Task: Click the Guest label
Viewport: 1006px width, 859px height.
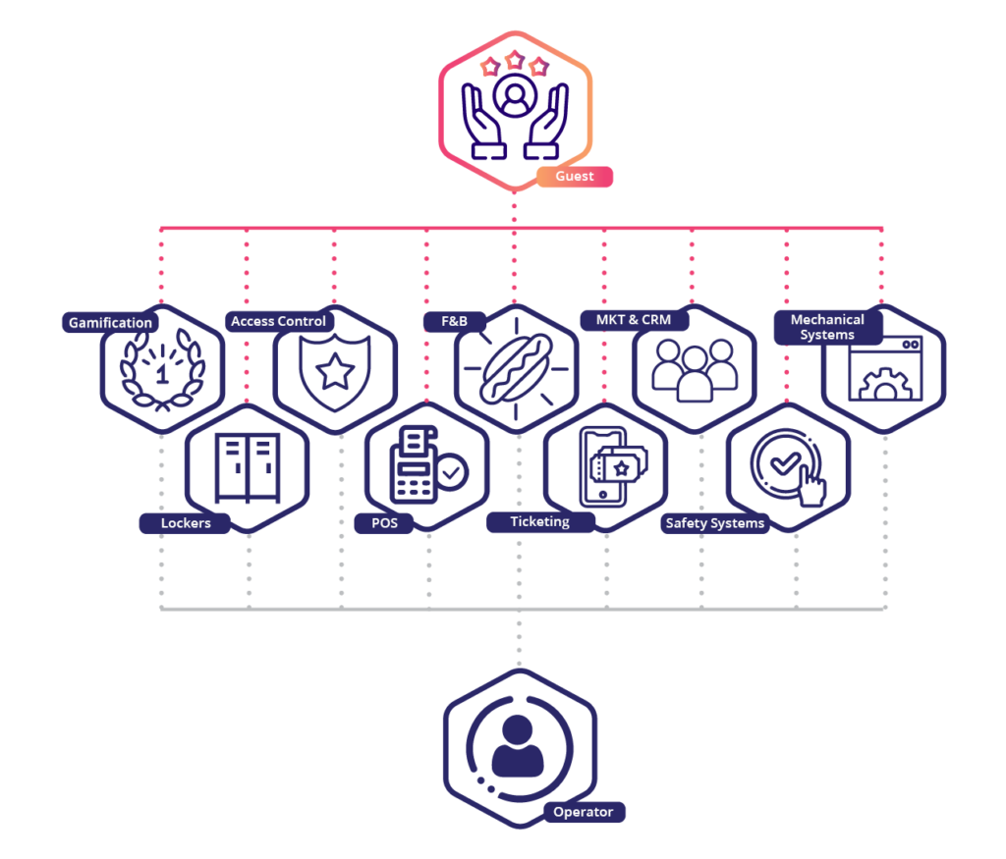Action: (575, 177)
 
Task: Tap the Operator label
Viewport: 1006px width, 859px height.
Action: (584, 812)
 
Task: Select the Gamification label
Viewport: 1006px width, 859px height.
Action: (110, 322)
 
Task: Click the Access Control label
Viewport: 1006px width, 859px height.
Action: (278, 321)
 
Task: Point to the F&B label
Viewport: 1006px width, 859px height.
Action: (452, 321)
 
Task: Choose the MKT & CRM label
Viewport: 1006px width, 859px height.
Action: (634, 320)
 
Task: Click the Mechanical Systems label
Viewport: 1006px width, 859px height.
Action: (827, 327)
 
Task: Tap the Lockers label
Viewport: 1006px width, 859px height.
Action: (186, 523)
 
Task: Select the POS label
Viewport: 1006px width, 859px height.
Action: (384, 523)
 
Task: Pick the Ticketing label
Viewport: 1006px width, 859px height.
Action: (539, 521)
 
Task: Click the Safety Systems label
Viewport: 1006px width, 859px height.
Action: (714, 523)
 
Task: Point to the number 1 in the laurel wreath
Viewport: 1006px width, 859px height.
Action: (162, 374)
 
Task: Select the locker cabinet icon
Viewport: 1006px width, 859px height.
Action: (247, 468)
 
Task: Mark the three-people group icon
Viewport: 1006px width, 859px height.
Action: (694, 368)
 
